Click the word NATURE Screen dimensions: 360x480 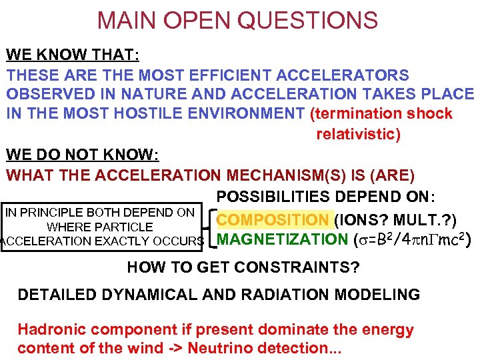(x=146, y=95)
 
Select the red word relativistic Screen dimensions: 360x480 (x=358, y=134)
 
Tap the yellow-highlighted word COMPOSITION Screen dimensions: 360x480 (x=273, y=219)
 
